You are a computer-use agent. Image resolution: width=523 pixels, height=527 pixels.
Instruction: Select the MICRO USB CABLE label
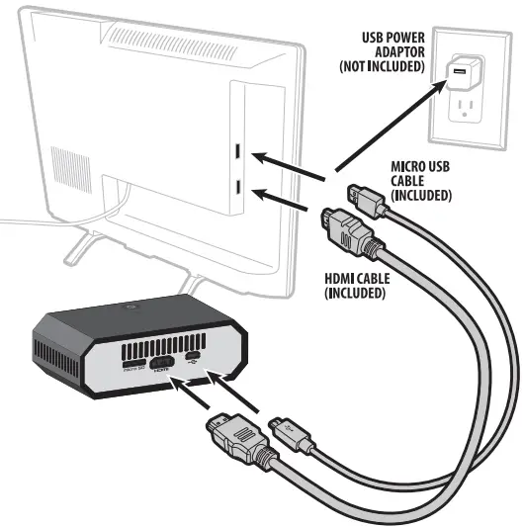click(421, 181)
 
